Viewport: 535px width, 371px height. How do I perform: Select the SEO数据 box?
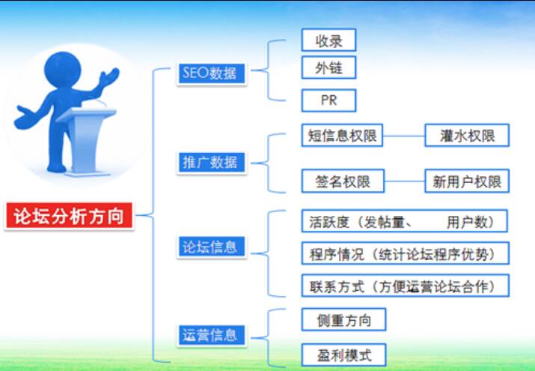209,73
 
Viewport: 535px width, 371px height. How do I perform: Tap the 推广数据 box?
211,162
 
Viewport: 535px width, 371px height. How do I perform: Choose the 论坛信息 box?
210,247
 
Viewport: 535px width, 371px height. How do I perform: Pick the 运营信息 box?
211,335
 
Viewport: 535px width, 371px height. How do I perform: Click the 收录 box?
327,40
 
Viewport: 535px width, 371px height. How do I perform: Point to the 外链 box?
327,68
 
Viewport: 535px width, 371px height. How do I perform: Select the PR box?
328,100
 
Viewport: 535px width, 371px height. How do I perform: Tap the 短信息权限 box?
341,136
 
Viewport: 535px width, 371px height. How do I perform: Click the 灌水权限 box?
467,136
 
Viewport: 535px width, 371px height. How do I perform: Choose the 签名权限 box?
341,181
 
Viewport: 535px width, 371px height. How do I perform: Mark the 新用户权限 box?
466,181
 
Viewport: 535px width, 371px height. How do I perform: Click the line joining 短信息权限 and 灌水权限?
404,136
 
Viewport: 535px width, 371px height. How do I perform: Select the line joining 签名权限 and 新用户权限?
404,181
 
